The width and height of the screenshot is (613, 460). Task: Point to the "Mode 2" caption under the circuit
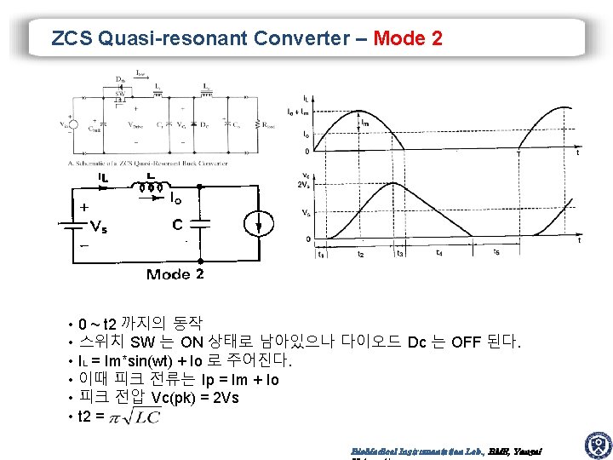175,274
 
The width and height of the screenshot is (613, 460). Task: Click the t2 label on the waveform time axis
361,254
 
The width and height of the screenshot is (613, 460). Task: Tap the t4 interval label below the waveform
438,253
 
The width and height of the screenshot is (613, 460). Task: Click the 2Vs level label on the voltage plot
302,186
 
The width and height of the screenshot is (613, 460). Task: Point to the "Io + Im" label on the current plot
298,112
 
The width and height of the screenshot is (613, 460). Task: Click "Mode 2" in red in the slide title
408,38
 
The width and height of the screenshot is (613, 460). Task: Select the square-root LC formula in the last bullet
137,417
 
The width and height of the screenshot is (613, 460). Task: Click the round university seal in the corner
597,445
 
